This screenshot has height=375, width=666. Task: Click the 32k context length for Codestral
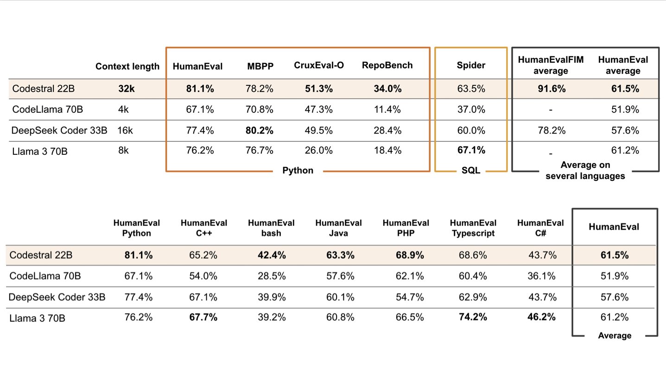127,89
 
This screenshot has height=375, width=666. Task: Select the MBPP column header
260,66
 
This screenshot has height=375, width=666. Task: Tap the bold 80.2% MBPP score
260,130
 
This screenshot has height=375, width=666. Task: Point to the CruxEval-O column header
319,65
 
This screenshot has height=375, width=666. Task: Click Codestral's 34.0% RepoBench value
387,89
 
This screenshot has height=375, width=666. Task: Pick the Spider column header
471,65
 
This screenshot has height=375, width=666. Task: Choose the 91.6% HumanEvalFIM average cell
551,89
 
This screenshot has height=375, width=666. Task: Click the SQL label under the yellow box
471,171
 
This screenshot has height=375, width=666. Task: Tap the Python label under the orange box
298,171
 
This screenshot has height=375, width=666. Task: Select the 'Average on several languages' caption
585,170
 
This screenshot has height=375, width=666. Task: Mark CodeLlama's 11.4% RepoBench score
387,109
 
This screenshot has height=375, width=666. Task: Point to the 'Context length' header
127,66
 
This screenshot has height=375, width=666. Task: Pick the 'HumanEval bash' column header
271,228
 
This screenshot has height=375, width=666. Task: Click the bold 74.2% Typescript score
473,318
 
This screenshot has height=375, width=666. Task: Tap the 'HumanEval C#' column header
540,228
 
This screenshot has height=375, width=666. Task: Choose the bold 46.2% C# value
540,318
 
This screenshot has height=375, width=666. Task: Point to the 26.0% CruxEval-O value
319,150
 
